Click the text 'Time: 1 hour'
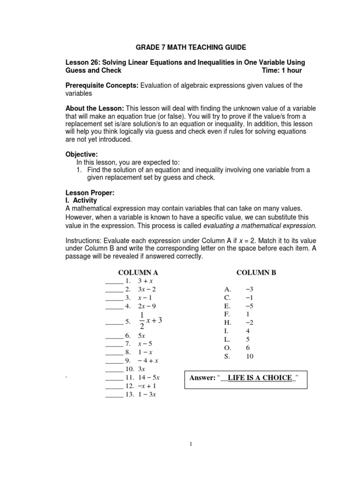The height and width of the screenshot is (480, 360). click(x=282, y=70)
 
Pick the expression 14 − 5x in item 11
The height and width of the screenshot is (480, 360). click(x=149, y=377)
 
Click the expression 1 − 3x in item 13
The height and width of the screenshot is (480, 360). click(x=147, y=394)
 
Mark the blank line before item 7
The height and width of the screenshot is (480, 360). click(x=113, y=344)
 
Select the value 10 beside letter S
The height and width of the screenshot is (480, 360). click(x=249, y=357)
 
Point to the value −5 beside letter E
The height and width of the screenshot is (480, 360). click(x=249, y=306)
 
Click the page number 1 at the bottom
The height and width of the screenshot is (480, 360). click(x=191, y=444)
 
